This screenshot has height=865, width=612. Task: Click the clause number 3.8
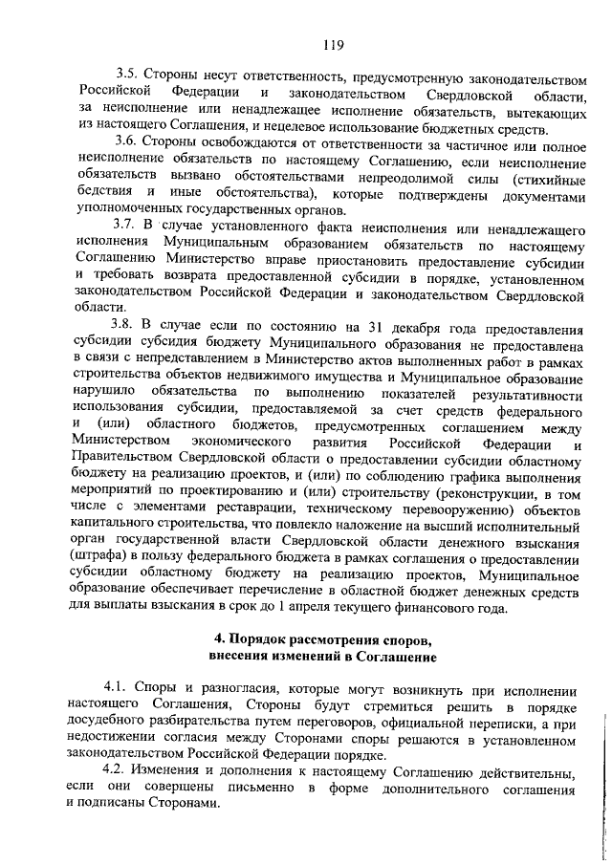127,325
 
